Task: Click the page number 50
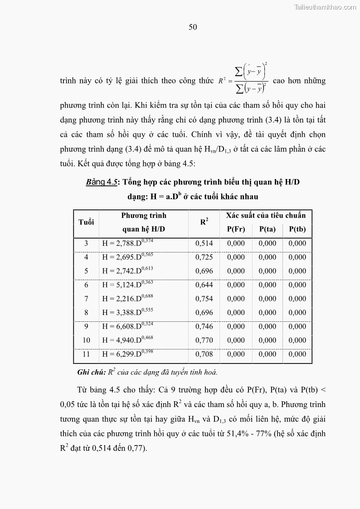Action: tap(193, 27)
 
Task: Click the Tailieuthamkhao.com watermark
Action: tap(325, 7)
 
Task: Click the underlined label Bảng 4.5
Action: tap(102, 182)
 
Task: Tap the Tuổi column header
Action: tap(86, 222)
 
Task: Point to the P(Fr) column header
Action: tap(236, 229)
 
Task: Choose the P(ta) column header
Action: tap(268, 229)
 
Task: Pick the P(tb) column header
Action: tap(297, 229)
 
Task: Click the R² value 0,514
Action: tap(204, 243)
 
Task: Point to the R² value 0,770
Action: tap(204, 340)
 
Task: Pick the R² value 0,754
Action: tap(204, 299)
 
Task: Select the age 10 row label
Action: tap(86, 340)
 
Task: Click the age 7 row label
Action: tap(86, 299)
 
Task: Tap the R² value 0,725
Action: tap(204, 257)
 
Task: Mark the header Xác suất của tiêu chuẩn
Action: tap(266, 215)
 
